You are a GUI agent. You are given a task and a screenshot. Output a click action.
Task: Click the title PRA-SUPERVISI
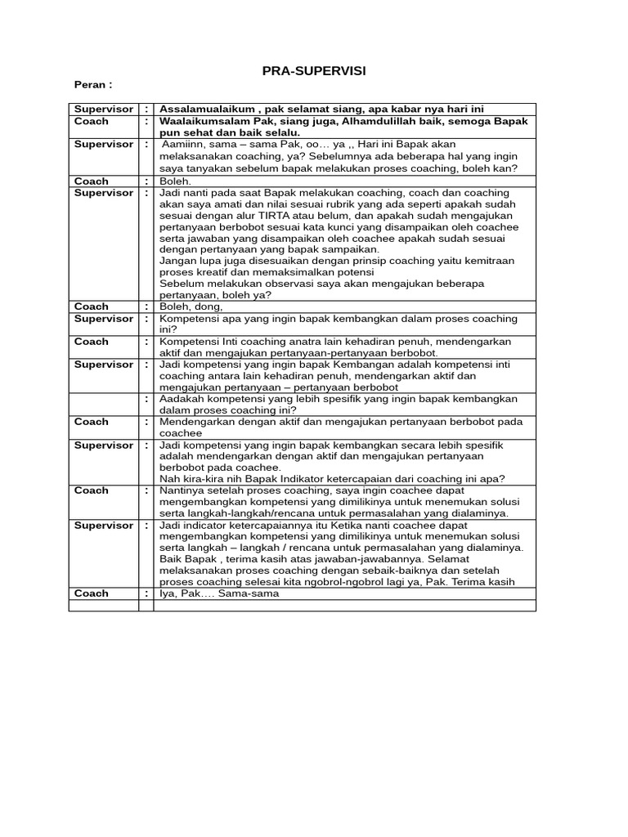click(314, 72)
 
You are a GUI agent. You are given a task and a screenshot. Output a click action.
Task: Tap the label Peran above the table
click(92, 85)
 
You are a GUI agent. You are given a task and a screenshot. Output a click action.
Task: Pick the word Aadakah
click(184, 398)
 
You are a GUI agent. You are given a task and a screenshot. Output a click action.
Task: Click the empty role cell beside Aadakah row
click(104, 404)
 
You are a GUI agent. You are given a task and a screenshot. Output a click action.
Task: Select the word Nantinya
click(184, 490)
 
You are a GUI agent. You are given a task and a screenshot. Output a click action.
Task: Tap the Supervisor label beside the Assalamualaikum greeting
click(103, 109)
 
